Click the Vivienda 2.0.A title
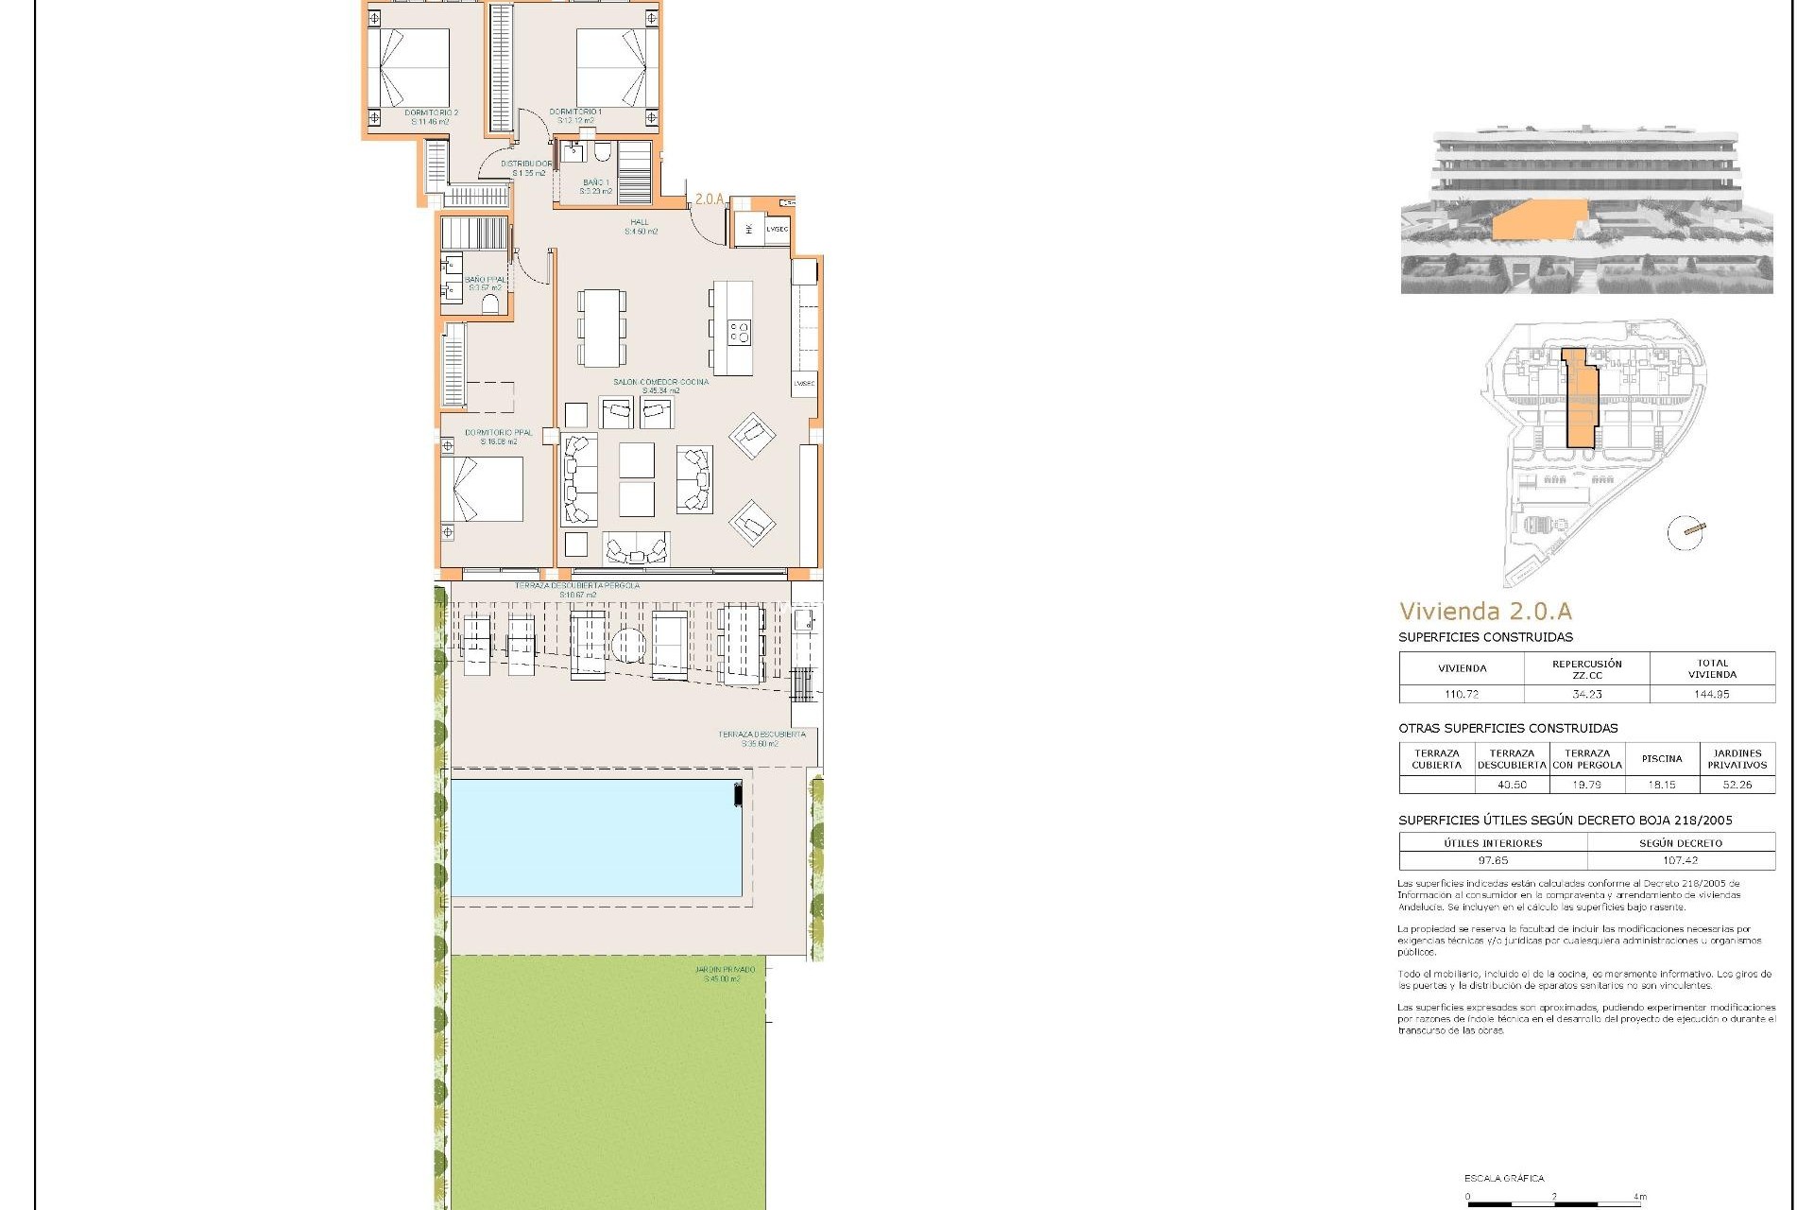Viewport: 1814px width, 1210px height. click(1485, 612)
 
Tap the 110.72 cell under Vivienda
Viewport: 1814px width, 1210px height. click(1461, 694)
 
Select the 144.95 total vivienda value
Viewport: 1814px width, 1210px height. click(1712, 694)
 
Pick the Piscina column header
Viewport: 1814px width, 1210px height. click(1662, 758)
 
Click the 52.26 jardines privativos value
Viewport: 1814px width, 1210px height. click(1737, 785)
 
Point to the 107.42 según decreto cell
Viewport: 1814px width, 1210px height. click(1681, 861)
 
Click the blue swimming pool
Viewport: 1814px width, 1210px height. click(595, 837)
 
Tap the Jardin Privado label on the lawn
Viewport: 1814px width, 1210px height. click(724, 974)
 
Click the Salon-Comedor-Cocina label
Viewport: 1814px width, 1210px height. click(659, 386)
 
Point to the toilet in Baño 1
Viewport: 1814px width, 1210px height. click(602, 155)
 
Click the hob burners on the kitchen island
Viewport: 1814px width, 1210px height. click(738, 332)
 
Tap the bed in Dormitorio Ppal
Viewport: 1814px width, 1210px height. click(483, 490)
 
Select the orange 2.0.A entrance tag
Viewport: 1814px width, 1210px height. click(709, 199)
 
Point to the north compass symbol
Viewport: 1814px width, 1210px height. click(1686, 533)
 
